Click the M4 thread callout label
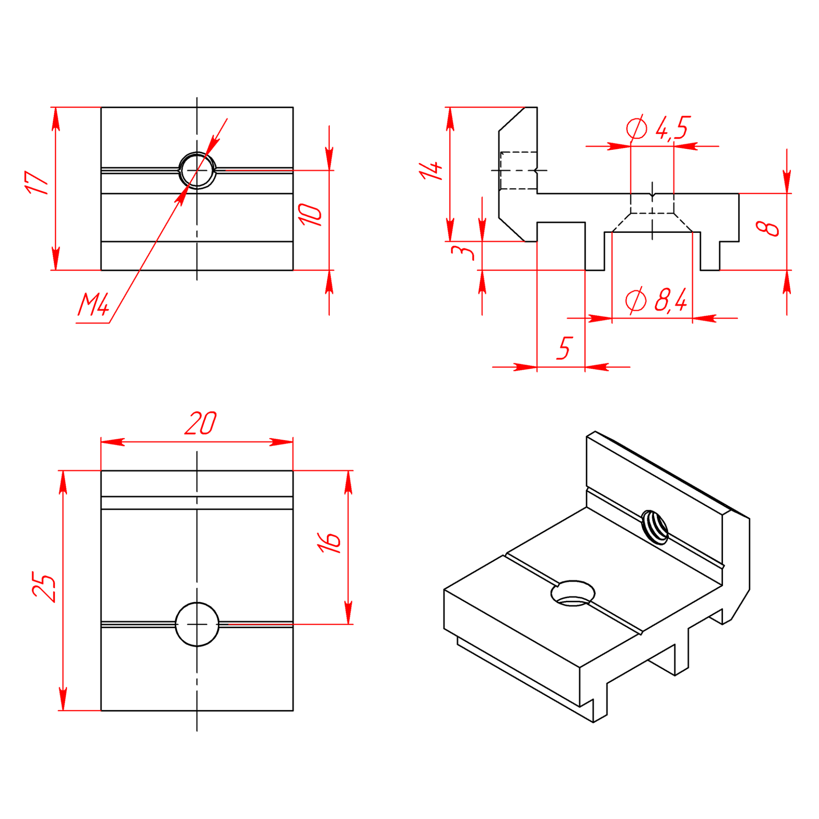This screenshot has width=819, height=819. (x=94, y=304)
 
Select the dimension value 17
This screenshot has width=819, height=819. (x=37, y=183)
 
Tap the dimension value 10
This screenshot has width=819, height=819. (x=310, y=215)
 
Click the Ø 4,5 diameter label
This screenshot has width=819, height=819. (x=658, y=128)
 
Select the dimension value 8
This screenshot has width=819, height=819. (x=767, y=228)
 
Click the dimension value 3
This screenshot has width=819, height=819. (x=462, y=251)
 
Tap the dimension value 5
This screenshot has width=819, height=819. (x=564, y=348)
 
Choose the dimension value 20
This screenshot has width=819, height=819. (x=200, y=423)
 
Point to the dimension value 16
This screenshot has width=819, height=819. (x=329, y=543)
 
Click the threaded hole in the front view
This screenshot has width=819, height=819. (x=197, y=170)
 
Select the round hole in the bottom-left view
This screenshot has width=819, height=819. (x=197, y=624)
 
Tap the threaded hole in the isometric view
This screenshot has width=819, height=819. (x=655, y=527)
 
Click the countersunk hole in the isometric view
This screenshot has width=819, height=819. (x=573, y=593)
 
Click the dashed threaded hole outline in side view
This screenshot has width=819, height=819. (x=518, y=170)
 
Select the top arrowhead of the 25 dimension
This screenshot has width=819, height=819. (x=63, y=482)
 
